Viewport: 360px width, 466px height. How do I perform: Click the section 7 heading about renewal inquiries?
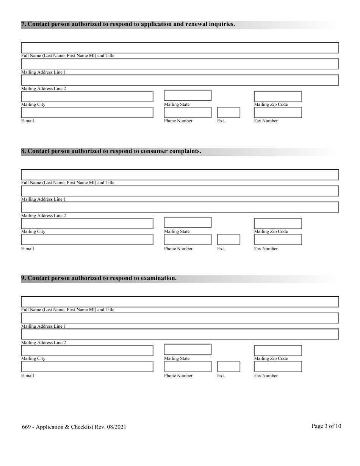(128, 24)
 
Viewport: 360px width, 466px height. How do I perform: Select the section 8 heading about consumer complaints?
(111, 151)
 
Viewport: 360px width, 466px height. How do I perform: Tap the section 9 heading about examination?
(99, 278)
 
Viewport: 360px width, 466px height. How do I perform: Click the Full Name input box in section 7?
(180, 48)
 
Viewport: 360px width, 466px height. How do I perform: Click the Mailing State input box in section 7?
(188, 95)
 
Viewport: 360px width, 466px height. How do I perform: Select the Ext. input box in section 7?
(229, 113)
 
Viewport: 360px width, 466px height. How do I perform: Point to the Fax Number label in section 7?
(266, 121)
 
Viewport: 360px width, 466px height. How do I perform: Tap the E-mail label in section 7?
(27, 121)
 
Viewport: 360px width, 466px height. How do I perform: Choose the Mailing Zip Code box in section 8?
(277, 224)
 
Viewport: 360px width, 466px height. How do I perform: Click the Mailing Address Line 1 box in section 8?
(180, 191)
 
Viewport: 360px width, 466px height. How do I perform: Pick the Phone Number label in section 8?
(178, 249)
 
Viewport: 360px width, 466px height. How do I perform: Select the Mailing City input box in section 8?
(87, 224)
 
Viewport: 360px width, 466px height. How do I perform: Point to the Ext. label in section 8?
(221, 249)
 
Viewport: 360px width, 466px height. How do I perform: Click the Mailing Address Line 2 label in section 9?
(43, 342)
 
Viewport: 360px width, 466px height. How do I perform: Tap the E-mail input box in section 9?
(87, 366)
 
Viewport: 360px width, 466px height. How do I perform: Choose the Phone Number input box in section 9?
(188, 366)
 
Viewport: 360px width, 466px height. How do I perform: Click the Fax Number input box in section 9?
(277, 366)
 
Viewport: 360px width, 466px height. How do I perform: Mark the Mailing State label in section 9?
(177, 358)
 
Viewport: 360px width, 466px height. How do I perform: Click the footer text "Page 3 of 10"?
(326, 426)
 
